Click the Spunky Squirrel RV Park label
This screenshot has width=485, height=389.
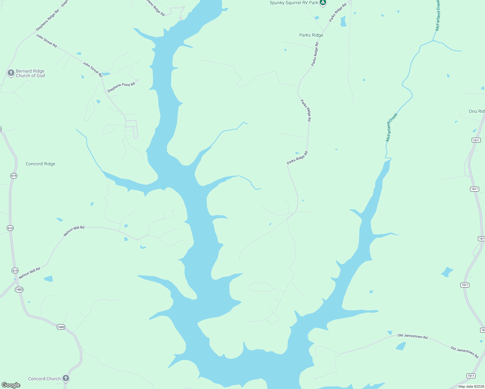point(294,3)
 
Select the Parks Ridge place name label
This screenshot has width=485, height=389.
point(311,35)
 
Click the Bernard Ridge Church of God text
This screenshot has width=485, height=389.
point(30,73)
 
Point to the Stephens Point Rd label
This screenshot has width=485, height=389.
point(121,87)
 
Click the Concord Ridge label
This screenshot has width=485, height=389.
point(40,164)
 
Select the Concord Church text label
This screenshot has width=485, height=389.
point(44,379)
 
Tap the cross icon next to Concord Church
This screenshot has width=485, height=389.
point(66,378)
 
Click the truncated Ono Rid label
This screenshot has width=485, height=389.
point(476,111)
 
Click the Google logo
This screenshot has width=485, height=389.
point(11,385)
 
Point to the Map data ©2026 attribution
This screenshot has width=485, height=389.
point(471,386)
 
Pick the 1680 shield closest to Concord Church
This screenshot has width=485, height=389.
point(61,327)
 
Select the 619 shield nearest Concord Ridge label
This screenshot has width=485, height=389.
point(14,176)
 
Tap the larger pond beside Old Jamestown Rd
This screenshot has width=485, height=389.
point(401,346)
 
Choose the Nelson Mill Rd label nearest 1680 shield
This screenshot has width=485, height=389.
point(30,273)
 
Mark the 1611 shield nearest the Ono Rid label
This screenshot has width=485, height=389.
point(476,140)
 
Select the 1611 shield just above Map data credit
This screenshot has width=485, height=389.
point(471,376)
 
